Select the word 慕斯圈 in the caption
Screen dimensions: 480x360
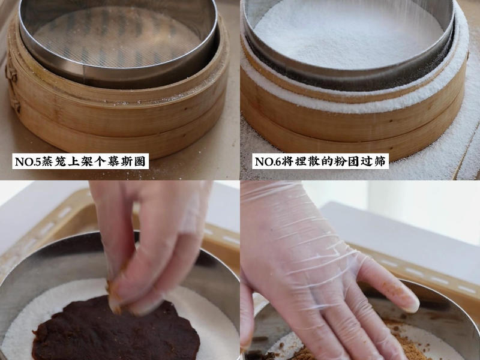click(x=126, y=161)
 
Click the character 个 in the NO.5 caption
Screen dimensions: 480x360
click(x=100, y=161)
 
